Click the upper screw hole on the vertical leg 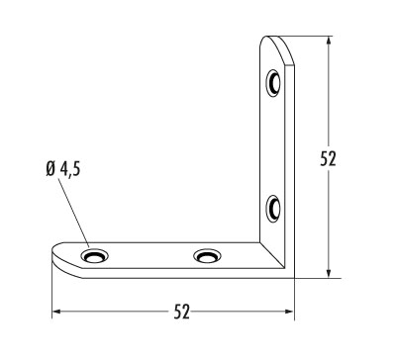click(x=273, y=83)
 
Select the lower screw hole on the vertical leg click(x=273, y=209)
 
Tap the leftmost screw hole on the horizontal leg click(x=94, y=256)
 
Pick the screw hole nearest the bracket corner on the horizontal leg click(x=207, y=256)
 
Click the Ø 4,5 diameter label click(x=63, y=169)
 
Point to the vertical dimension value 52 click(x=328, y=158)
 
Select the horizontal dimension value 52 click(x=182, y=312)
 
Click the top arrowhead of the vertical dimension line click(x=328, y=41)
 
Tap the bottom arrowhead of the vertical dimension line click(x=328, y=273)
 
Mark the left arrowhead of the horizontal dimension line click(x=57, y=312)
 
